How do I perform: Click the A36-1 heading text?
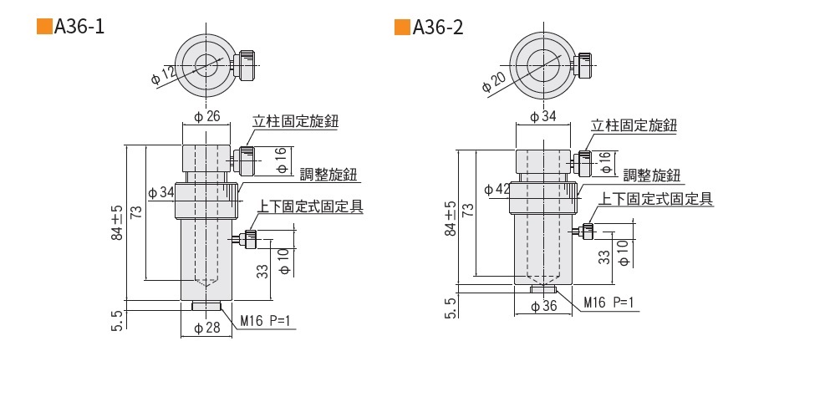(79, 28)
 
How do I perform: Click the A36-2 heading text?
(438, 28)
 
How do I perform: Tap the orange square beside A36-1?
(44, 28)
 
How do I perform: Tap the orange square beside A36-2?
(402, 28)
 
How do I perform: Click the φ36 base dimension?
(544, 306)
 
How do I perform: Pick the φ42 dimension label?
(497, 189)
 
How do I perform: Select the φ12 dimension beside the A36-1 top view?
(164, 75)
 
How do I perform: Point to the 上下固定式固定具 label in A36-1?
(310, 206)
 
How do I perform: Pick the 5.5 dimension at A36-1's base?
(117, 319)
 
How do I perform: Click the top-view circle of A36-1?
(203, 64)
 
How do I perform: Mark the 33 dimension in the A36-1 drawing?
(262, 269)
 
